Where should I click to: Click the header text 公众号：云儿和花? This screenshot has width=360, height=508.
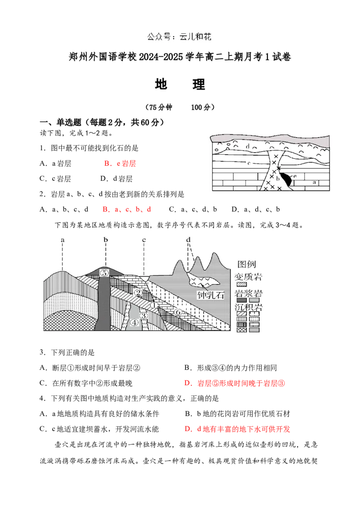coord(180,37)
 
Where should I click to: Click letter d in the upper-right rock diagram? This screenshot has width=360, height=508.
coord(247,146)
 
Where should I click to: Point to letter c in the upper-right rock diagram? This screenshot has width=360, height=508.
coord(248,163)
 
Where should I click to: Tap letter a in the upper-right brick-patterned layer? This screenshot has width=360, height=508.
coord(314,182)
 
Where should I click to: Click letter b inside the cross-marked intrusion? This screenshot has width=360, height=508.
coord(278,178)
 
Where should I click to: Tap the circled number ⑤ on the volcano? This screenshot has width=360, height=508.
coord(104,272)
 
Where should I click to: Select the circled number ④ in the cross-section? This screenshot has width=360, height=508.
coord(134,322)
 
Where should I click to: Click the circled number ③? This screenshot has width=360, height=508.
coord(143,316)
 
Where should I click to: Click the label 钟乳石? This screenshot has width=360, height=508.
coord(211,295)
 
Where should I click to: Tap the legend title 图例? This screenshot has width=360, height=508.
coord(246,264)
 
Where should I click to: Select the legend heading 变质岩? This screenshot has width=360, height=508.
coord(249,276)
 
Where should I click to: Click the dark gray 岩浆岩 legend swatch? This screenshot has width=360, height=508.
coord(242,301)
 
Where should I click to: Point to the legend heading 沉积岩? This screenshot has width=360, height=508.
coord(249,309)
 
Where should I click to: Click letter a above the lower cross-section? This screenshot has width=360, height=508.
coord(63,240)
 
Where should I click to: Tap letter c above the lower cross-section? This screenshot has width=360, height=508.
coord(144,240)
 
